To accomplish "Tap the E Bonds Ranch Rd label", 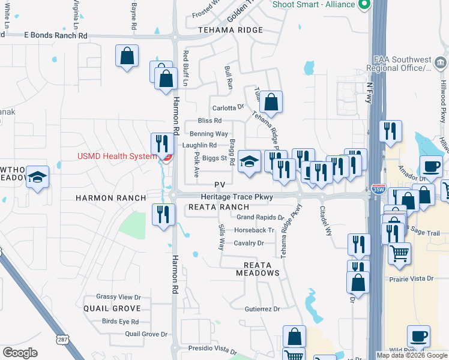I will pos(56,35).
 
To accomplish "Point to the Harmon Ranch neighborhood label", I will pos(111,198).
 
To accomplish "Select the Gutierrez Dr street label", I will pos(262,309).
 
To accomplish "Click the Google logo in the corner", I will pos(20,353).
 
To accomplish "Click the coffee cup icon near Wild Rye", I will pos(418,336).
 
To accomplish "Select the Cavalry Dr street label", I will pos(249,243).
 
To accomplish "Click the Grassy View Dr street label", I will pos(118,297).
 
